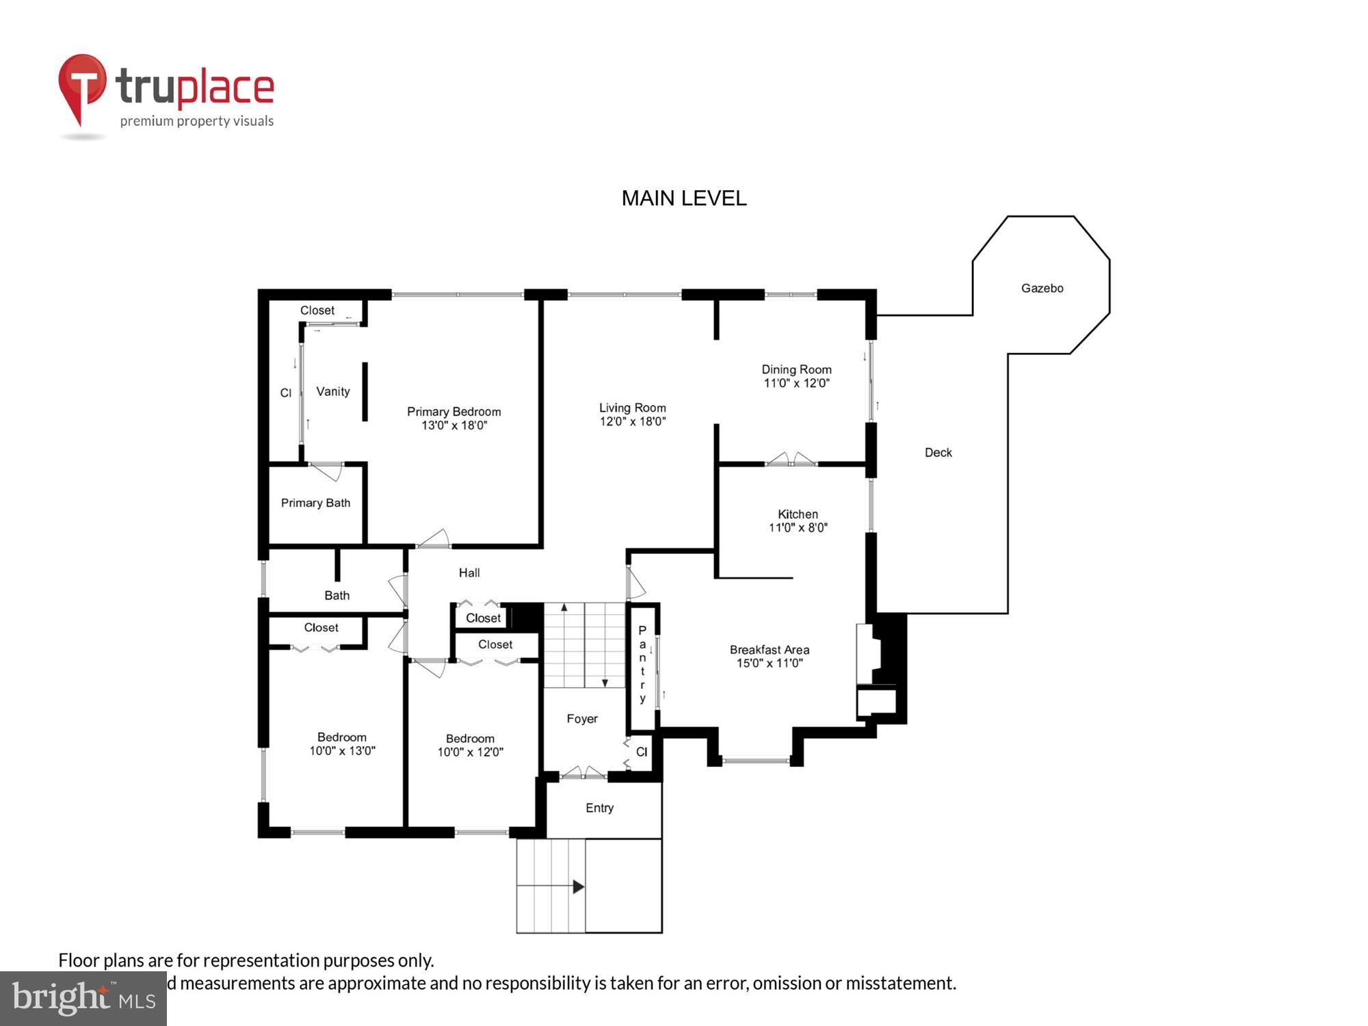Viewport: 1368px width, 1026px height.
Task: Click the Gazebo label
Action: pyautogui.click(x=1042, y=289)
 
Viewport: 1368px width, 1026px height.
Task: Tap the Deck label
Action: pyautogui.click(x=938, y=453)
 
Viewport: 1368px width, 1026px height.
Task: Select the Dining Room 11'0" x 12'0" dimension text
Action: pyautogui.click(x=796, y=384)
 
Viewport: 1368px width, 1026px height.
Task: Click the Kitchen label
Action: pyautogui.click(x=798, y=514)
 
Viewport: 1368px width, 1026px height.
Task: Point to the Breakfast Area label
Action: pyautogui.click(x=769, y=650)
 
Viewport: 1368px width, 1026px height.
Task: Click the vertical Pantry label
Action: pyautogui.click(x=642, y=664)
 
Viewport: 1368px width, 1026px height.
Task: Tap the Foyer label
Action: pyautogui.click(x=582, y=719)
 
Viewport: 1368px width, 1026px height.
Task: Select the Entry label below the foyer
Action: pyautogui.click(x=599, y=808)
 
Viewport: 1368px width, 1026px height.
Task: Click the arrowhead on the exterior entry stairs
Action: pyautogui.click(x=579, y=887)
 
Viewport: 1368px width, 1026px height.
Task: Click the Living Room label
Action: pyautogui.click(x=632, y=408)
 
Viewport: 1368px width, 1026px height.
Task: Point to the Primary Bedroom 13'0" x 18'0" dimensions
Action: pyautogui.click(x=454, y=425)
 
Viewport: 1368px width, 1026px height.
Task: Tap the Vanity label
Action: pyautogui.click(x=333, y=392)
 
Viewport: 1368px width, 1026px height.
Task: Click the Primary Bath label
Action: pyautogui.click(x=315, y=503)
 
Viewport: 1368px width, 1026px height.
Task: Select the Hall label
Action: pyautogui.click(x=469, y=573)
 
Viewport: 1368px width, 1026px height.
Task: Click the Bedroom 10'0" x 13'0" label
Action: pyautogui.click(x=342, y=744)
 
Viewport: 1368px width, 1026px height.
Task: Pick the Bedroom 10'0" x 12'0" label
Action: pyautogui.click(x=470, y=746)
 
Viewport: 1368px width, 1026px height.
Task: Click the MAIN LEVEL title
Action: pyautogui.click(x=683, y=198)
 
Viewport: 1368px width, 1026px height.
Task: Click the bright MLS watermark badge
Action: pyautogui.click(x=83, y=999)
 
